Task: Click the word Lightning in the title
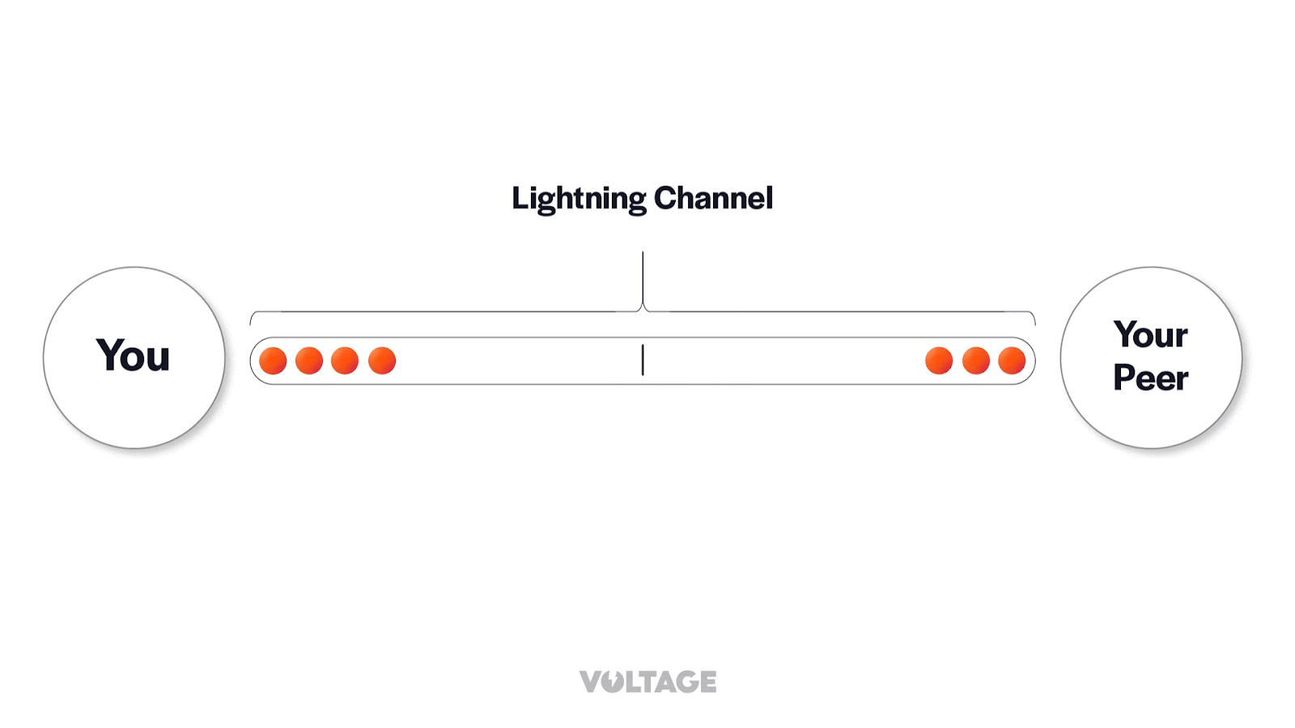coord(578,198)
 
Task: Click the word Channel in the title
coord(713,198)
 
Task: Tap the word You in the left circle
coord(134,356)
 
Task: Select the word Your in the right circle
coord(1150,335)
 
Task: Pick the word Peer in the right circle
coord(1150,378)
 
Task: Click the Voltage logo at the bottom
coord(647,682)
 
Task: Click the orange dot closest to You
coord(273,361)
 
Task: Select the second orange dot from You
coord(309,361)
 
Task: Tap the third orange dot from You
coord(345,361)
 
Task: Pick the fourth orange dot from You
coord(382,361)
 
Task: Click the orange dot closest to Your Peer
coord(1012,361)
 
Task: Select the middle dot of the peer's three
coord(976,361)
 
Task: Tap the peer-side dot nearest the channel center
coord(939,361)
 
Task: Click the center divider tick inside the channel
coord(643,360)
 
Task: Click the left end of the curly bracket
coord(252,317)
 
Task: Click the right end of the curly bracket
coord(1034,317)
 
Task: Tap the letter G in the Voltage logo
coord(684,682)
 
